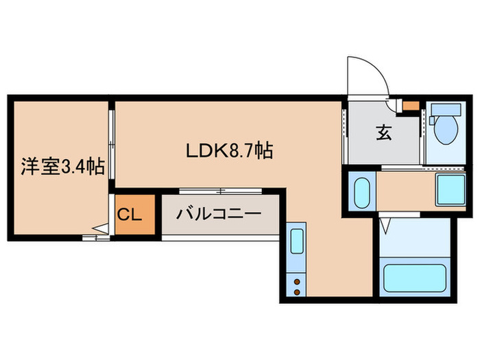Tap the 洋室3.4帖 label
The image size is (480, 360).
tap(62, 166)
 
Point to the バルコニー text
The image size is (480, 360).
tap(218, 214)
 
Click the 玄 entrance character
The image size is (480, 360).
tap(383, 134)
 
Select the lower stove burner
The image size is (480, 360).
tap(297, 291)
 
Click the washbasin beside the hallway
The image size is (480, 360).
tap(362, 191)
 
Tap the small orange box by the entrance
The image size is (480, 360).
tap(411, 106)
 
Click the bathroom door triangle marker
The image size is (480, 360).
tap(386, 223)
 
